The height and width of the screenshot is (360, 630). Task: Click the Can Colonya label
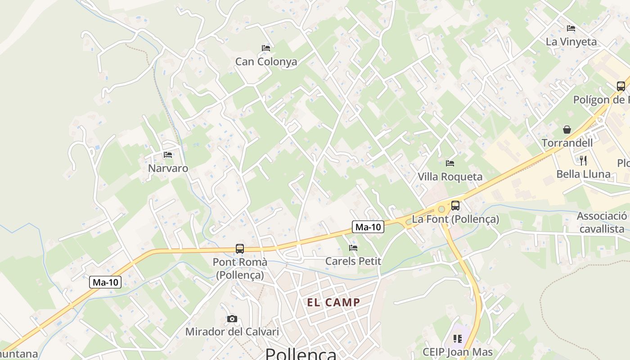click(266, 62)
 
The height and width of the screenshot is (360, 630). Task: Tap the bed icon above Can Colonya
click(266, 48)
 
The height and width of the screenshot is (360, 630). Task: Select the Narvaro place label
click(168, 168)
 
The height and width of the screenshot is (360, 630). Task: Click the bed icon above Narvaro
click(168, 155)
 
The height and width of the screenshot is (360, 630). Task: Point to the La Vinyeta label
click(571, 42)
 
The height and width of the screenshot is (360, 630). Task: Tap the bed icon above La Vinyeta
click(571, 28)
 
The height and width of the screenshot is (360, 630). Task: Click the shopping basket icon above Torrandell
click(567, 130)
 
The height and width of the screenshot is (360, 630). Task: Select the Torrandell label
click(567, 143)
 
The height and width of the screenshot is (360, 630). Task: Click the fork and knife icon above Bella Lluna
click(583, 160)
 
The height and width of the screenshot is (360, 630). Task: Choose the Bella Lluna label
click(583, 174)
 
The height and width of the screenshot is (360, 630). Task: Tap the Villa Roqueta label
click(450, 177)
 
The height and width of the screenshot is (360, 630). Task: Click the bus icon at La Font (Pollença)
click(455, 206)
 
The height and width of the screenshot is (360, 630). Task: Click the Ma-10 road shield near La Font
click(368, 227)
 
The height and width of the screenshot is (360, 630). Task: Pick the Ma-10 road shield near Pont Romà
click(106, 283)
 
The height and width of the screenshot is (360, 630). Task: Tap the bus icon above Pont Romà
click(240, 248)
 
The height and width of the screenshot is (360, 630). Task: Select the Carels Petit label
click(353, 261)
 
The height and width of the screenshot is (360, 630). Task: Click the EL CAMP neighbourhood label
click(333, 302)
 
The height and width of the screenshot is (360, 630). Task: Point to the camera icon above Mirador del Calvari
click(232, 319)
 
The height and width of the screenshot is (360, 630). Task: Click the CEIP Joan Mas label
click(458, 352)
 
